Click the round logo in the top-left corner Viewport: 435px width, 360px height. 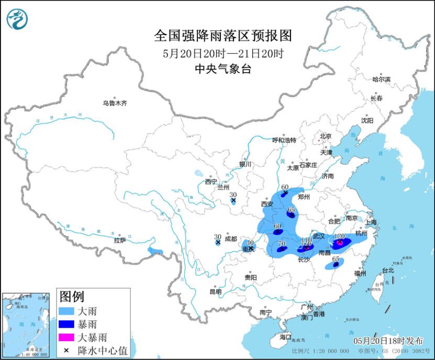pos(17,20)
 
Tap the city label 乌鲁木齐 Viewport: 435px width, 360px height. pos(115,104)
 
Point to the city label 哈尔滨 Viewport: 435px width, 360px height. pos(381,80)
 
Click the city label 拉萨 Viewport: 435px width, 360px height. pos(119,240)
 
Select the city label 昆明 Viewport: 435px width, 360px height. pos(215,291)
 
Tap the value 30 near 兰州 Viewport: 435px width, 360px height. pos(233,194)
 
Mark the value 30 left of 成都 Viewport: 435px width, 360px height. pos(217,236)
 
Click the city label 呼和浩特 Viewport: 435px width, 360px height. pos(284,140)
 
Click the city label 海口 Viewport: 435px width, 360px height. pos(284,337)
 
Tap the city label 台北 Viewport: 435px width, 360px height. pos(387,271)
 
